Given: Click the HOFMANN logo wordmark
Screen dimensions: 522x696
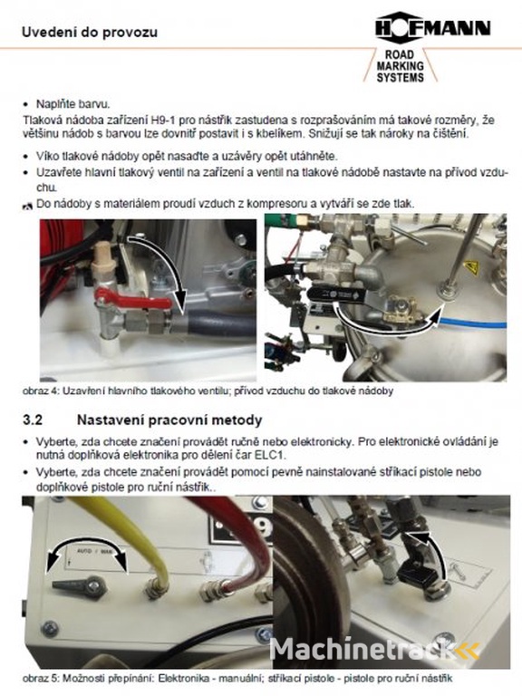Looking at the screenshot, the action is (x=433, y=28).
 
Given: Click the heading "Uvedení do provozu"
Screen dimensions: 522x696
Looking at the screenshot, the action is (x=90, y=33).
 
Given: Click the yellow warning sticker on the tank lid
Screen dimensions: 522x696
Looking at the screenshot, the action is (x=470, y=267).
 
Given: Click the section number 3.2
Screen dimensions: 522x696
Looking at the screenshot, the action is (x=33, y=420).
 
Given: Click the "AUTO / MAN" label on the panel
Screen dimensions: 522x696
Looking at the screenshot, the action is (x=89, y=551).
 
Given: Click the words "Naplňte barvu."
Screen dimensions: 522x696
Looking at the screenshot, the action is (x=72, y=105).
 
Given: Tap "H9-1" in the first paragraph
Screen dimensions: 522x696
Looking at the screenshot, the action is (x=164, y=121).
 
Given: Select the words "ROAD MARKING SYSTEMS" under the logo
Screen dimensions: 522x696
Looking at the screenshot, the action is (x=400, y=66).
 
